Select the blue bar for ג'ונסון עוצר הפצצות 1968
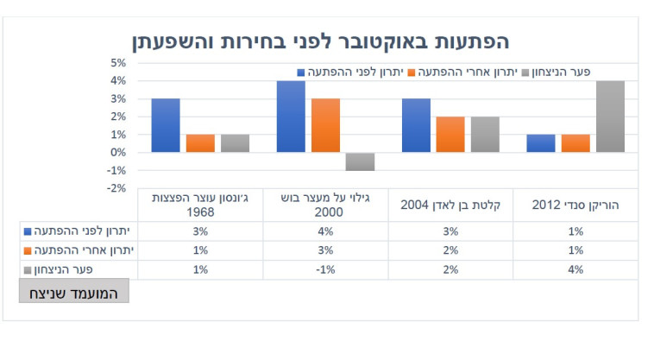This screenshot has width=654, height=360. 166,125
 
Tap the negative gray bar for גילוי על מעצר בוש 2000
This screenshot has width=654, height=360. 360,161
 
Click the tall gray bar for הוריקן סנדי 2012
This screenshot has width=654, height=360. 610,117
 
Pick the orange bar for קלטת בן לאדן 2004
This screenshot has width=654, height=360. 450,135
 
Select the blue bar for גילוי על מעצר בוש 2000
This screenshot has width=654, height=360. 291,117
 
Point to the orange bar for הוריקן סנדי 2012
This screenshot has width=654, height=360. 575,143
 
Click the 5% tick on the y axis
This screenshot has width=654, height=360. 117,63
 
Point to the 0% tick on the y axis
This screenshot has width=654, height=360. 117,153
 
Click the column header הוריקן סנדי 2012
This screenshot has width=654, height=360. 575,205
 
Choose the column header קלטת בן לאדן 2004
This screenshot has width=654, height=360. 450,205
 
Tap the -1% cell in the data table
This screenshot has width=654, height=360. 325,269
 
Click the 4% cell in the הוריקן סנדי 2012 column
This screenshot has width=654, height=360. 575,269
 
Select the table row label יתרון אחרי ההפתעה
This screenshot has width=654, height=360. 82,250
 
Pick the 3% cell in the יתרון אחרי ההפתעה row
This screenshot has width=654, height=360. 325,250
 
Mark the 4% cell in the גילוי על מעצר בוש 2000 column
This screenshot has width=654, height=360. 325,231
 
